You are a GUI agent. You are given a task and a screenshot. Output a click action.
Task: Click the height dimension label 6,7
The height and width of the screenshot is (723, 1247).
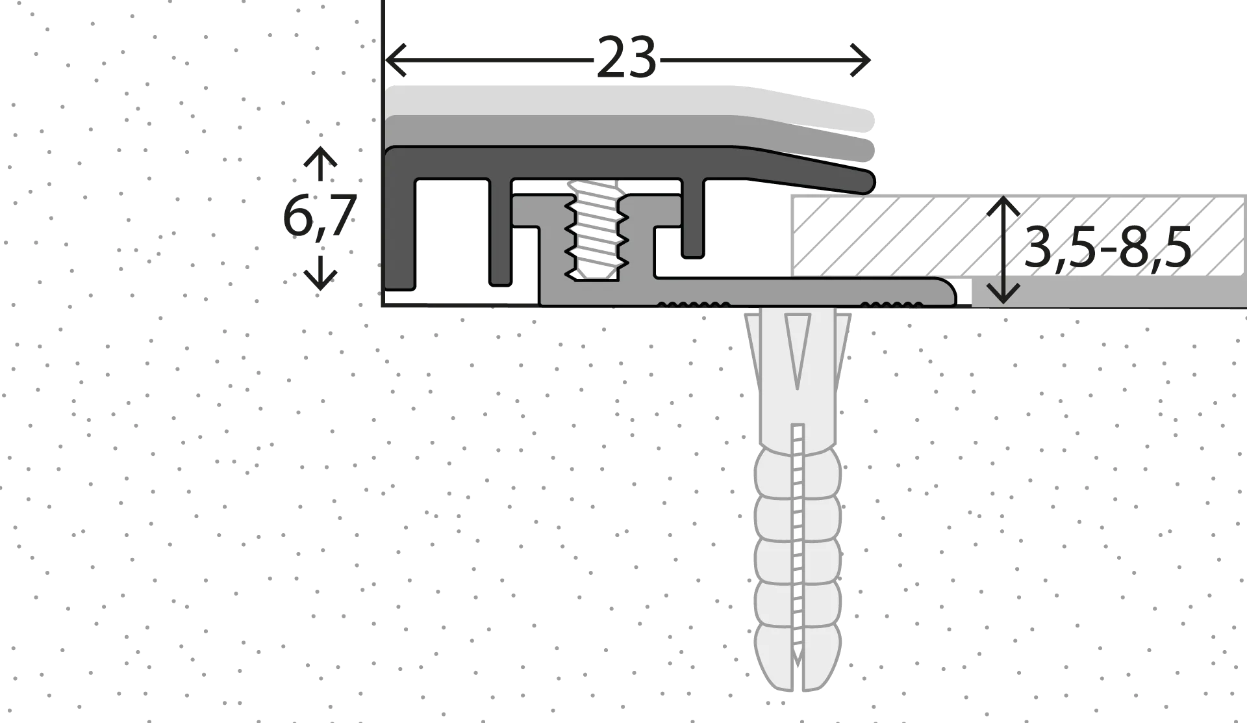click(320, 217)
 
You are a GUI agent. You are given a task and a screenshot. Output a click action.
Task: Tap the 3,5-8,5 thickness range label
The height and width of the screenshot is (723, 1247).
click(1107, 248)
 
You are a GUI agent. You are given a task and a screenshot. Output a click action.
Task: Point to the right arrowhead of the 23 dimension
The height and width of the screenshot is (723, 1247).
click(860, 60)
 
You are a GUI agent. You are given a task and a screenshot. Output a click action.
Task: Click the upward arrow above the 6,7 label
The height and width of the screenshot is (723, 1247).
click(320, 164)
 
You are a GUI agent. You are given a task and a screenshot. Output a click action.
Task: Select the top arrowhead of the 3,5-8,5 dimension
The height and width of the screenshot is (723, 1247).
click(1003, 208)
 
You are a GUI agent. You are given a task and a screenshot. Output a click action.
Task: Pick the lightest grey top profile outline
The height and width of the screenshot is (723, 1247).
click(630, 103)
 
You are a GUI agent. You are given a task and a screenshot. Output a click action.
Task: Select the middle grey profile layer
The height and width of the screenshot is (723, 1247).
click(630, 133)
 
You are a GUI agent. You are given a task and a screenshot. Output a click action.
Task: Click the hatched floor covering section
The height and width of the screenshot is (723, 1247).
click(1018, 235)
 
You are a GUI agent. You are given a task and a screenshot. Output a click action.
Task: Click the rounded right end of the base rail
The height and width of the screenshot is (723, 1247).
click(947, 291)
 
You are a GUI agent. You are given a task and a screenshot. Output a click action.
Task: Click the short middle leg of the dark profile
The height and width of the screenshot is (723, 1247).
click(693, 218)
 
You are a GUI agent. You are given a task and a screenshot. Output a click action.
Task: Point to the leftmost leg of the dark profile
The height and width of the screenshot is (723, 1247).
click(400, 221)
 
